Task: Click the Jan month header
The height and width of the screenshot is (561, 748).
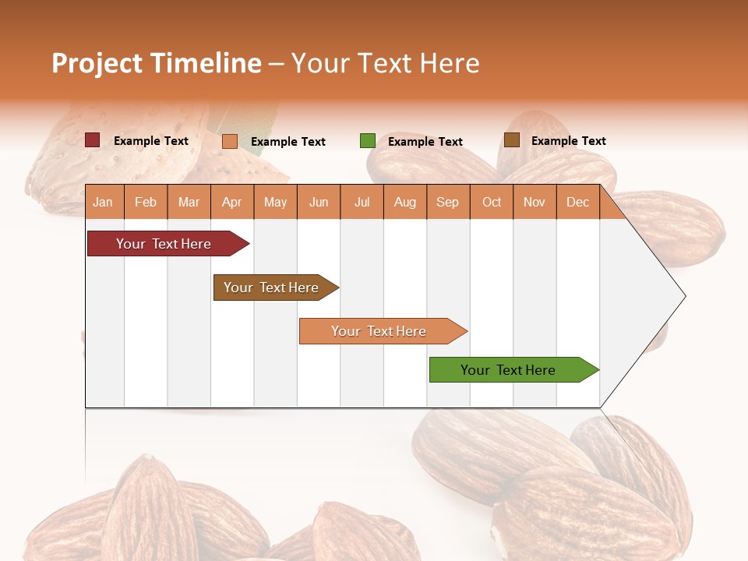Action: click(x=103, y=202)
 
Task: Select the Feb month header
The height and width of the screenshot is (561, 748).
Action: click(x=146, y=202)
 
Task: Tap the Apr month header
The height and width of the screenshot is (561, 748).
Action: click(x=231, y=202)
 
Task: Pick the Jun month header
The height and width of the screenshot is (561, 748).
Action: click(x=319, y=202)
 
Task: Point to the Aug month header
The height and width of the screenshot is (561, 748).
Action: click(x=404, y=202)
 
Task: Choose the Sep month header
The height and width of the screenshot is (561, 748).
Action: click(x=447, y=202)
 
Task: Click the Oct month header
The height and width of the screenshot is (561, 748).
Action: click(x=492, y=202)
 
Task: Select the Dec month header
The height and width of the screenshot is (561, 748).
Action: click(x=577, y=202)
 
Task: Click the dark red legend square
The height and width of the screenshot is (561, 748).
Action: click(x=93, y=140)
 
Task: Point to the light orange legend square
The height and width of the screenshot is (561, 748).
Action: click(x=230, y=141)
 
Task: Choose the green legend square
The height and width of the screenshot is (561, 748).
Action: click(x=368, y=141)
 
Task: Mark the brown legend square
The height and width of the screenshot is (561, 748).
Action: click(x=512, y=140)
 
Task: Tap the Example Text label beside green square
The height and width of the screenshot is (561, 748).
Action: click(x=425, y=141)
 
